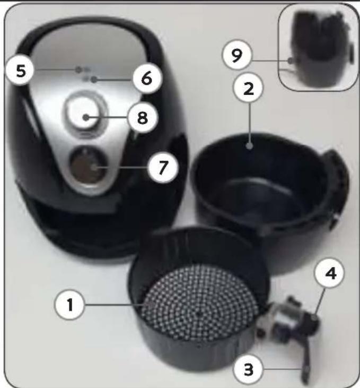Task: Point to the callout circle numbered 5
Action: point(21,70)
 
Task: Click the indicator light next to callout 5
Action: point(78,70)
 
